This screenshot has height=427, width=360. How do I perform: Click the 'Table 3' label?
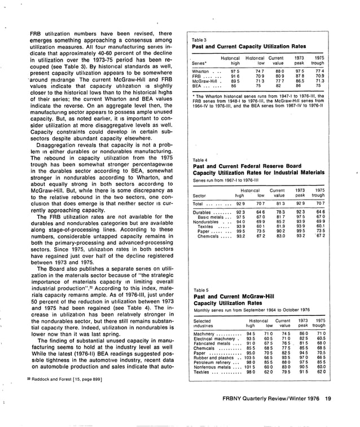point(199,41)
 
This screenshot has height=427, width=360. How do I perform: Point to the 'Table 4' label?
point(199,160)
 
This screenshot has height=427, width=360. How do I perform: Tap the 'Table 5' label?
point(199,290)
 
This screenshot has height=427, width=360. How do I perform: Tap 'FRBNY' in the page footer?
point(234,399)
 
